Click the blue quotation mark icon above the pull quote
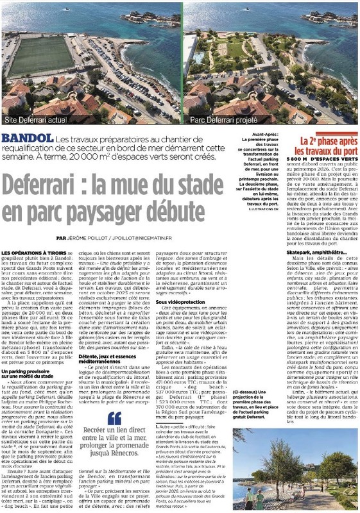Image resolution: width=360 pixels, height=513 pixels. [x=114, y=417]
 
